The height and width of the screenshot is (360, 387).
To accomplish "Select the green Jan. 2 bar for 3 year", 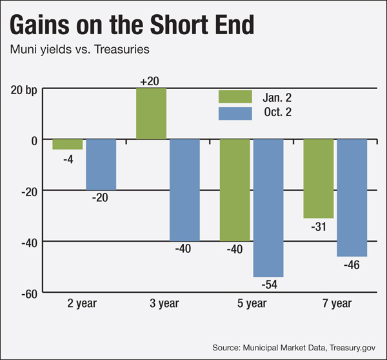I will tap(151, 114).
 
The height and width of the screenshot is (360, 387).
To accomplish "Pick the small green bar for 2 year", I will tap(68, 144).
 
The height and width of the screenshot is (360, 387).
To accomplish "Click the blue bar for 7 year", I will tap(352, 197).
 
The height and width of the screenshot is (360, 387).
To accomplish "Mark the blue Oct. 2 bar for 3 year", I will tap(184, 190).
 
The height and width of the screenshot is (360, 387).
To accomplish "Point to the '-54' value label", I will tap(268, 284).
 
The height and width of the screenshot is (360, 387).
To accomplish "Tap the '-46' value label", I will tap(352, 264).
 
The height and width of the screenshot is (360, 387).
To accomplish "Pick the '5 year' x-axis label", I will tap(251, 303).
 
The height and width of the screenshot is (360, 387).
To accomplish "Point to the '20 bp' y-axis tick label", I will tap(23, 88).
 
